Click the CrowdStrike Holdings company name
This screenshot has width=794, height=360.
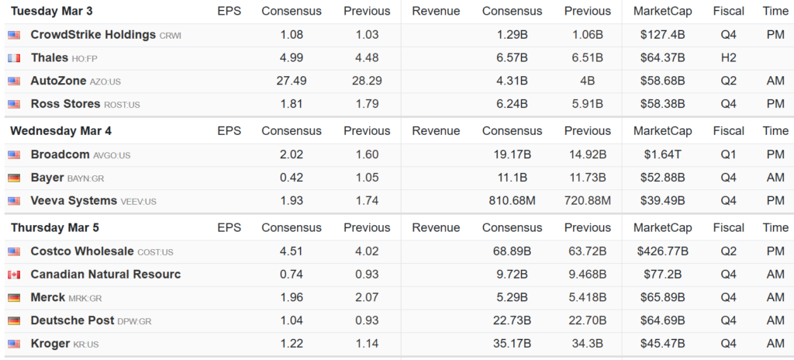click(x=93, y=35)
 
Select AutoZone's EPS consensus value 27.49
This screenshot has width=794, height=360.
click(x=292, y=81)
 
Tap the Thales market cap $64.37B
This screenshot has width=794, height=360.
click(x=664, y=58)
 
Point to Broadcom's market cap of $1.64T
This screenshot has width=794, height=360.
click(x=664, y=154)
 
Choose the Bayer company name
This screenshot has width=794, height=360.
click(x=47, y=178)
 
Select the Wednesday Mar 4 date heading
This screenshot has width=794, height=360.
click(x=60, y=131)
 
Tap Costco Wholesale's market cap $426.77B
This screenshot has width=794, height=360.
click(x=663, y=251)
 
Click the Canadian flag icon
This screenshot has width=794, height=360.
click(x=14, y=275)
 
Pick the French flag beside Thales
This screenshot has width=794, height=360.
click(x=14, y=58)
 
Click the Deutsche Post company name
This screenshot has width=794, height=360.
click(x=72, y=320)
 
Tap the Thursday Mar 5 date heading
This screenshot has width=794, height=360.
click(x=54, y=227)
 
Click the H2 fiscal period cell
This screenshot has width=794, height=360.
click(x=728, y=58)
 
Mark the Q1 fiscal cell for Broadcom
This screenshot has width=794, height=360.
click(x=728, y=154)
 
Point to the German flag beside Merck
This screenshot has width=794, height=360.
click(x=14, y=297)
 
